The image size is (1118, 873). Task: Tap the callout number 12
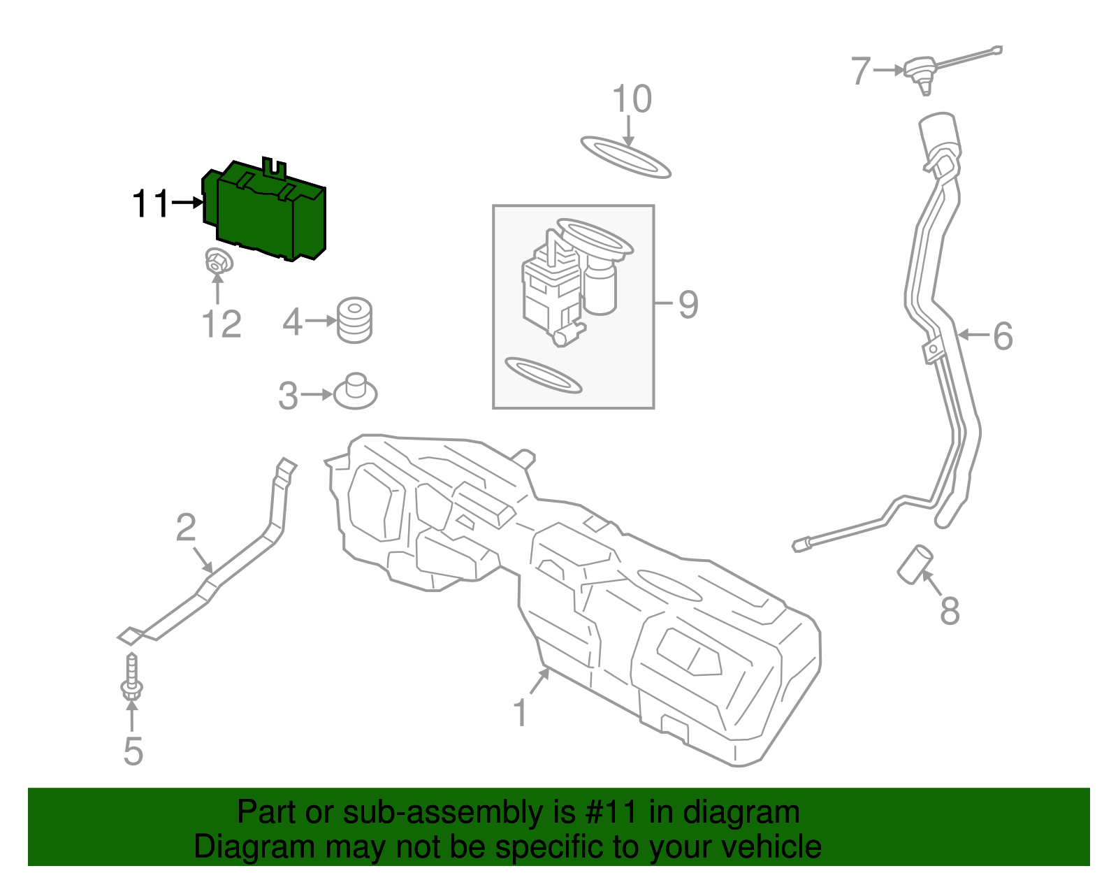pos(222,325)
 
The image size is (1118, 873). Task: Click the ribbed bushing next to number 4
pos(354,321)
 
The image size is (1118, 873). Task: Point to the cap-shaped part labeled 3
pos(356,392)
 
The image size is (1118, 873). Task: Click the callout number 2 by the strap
pos(186,528)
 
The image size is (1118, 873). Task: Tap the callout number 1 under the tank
pos(520,713)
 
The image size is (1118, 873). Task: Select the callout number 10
pos(632,100)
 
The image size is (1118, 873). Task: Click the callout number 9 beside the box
pos(688,305)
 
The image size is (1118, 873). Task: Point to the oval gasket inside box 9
pos(543,375)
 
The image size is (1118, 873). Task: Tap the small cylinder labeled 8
pos(915,564)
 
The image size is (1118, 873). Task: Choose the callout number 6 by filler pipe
pos(1003,336)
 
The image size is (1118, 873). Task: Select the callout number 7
pos(861,71)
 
